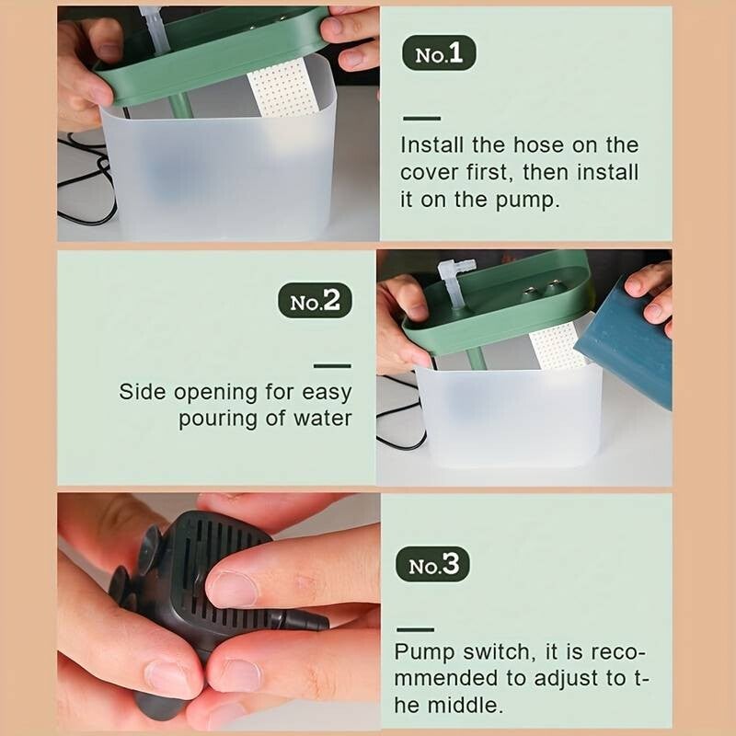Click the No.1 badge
click(x=439, y=53)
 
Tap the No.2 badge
click(x=315, y=301)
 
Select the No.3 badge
click(x=432, y=564)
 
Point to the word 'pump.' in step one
click(x=528, y=201)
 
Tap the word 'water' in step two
click(x=323, y=419)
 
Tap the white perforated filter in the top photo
click(x=283, y=92)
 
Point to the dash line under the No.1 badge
click(x=421, y=119)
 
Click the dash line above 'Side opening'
click(x=332, y=365)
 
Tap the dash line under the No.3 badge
click(x=416, y=629)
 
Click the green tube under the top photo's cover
click(x=181, y=106)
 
